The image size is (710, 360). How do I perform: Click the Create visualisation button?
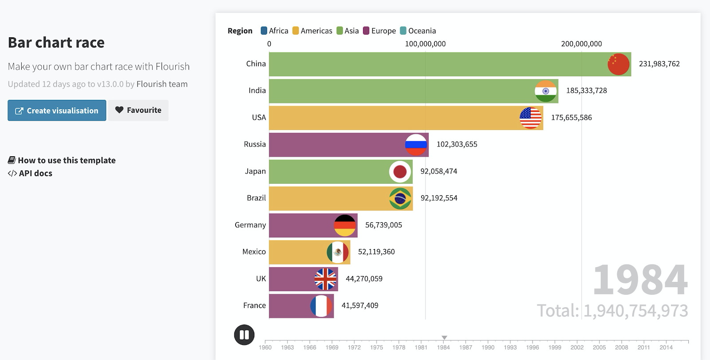coord(57,111)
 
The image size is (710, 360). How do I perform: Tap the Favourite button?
coord(138,110)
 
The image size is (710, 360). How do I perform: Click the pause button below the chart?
coord(244,335)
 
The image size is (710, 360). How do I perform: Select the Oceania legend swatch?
coord(403,31)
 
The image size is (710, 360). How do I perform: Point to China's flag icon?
coord(618,64)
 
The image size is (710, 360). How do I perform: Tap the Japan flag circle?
coord(400,171)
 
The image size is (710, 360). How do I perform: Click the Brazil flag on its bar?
coord(400,198)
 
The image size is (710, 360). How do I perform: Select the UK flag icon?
coord(325,279)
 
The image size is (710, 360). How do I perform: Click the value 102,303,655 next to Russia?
coord(457,144)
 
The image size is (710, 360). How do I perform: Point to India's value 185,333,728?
coord(586,91)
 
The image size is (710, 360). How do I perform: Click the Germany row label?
coord(250,225)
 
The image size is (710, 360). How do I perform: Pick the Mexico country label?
coord(254,252)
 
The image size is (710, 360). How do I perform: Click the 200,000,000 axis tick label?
coord(581,44)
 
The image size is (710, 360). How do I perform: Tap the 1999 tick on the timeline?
coord(555,347)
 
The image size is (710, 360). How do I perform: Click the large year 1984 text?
coord(640,280)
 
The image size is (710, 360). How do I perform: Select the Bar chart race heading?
coord(56,43)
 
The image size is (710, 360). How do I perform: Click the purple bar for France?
coord(289,306)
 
